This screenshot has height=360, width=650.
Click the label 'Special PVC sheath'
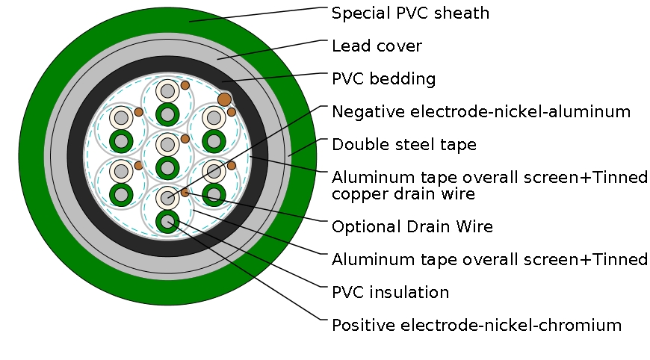(410, 13)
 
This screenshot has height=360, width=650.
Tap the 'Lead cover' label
(377, 46)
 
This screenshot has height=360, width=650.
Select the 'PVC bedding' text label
(383, 79)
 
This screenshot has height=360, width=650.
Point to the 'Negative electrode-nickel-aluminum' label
(481, 112)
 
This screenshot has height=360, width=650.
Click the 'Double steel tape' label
(404, 144)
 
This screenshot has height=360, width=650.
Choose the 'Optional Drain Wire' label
(412, 226)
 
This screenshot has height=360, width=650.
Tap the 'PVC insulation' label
(390, 292)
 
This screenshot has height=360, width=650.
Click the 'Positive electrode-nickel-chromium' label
(477, 325)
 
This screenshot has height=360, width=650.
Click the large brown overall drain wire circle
(224, 99)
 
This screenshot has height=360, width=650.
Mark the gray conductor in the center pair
(167, 144)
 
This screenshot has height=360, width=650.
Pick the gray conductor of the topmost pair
(167, 92)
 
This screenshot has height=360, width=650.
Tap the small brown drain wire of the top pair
(185, 85)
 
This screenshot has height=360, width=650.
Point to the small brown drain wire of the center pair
(185, 138)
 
